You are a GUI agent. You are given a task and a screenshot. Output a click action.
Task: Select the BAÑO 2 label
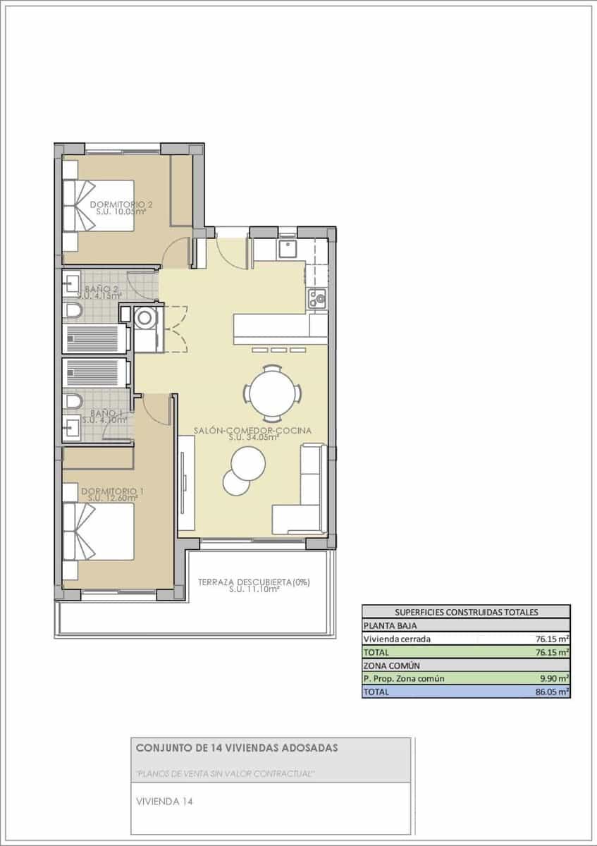click(102, 290)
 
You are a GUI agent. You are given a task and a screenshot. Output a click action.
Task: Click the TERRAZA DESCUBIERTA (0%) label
click(254, 582)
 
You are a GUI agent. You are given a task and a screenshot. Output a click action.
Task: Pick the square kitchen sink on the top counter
click(288, 249)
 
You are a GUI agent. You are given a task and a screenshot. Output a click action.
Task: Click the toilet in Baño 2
click(73, 312)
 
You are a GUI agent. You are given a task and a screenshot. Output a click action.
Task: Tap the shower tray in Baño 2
click(94, 338)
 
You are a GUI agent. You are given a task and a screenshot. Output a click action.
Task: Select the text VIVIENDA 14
click(164, 802)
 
